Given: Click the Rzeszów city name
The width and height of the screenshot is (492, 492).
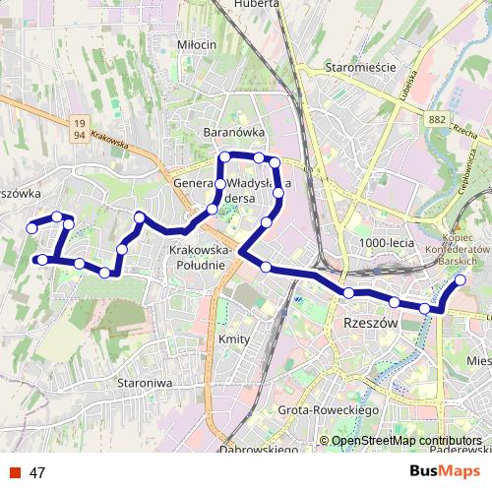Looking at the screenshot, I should [x=370, y=323].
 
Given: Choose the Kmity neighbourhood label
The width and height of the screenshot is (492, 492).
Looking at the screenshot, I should [x=235, y=339].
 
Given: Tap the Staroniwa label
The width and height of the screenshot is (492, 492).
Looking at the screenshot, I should [x=145, y=382].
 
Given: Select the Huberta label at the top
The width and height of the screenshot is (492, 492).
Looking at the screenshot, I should [x=257, y=4].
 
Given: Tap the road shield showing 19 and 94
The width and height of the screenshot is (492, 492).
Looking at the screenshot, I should [x=79, y=127].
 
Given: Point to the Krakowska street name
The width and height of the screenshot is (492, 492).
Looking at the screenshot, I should [x=108, y=142].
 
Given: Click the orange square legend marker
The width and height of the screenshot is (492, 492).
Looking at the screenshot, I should [x=13, y=472].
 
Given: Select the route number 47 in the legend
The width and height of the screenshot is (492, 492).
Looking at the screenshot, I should [x=37, y=472].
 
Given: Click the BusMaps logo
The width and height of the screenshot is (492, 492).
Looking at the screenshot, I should [x=445, y=471].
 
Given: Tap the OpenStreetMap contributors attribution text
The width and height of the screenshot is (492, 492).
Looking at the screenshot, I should [x=406, y=441].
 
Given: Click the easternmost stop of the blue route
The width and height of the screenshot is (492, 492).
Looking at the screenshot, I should [x=461, y=279].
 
